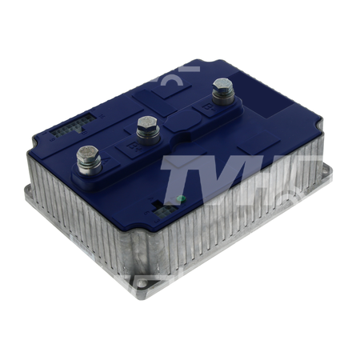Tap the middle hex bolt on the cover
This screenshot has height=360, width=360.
tap(146, 125)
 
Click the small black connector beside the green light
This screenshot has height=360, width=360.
tap(166, 210)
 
